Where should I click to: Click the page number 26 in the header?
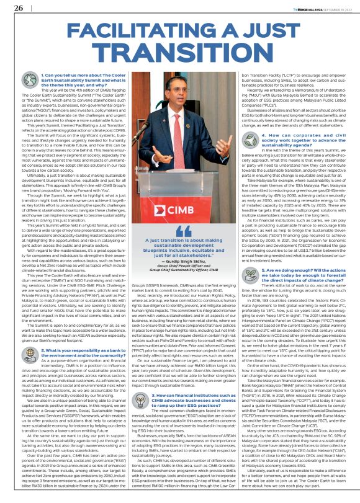(19, 7)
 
